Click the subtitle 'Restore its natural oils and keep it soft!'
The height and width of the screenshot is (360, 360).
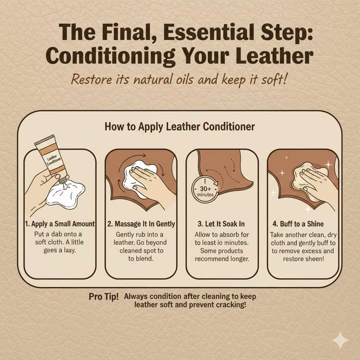pos(180,79)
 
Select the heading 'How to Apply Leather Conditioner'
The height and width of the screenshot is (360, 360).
pos(180,127)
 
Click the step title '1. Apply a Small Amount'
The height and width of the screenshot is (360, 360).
pos(59,224)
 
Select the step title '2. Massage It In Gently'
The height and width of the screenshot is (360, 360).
pos(141,224)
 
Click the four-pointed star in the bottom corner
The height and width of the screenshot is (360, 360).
pos(340,341)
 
